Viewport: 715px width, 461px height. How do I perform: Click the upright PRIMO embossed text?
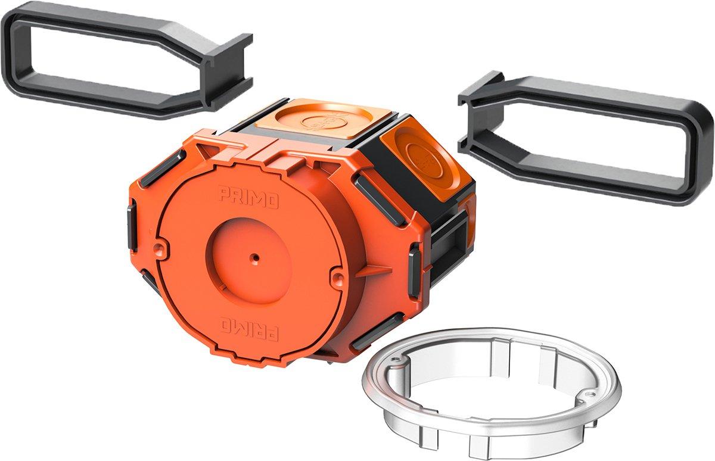[248, 198]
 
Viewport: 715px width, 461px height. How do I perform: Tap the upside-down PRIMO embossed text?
[248, 329]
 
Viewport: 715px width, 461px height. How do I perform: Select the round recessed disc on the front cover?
[248, 261]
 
